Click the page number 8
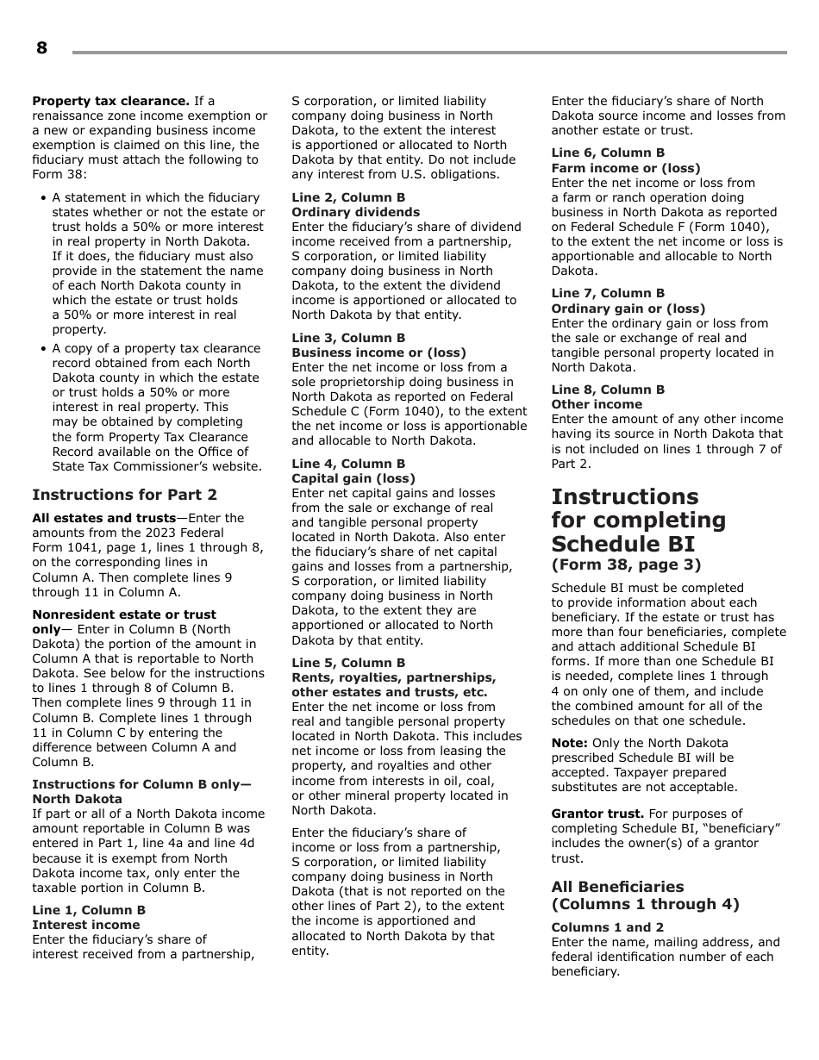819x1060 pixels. pyautogui.click(x=41, y=48)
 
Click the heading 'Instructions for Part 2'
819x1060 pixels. pyautogui.click(x=124, y=495)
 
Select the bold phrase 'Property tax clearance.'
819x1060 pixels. pyautogui.click(x=110, y=101)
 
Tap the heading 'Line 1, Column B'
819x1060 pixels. pyautogui.click(x=89, y=910)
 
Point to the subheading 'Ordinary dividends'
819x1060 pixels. pyautogui.click(x=355, y=212)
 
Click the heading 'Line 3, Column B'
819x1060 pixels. pyautogui.click(x=347, y=338)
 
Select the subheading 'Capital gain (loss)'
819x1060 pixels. pyautogui.click(x=353, y=478)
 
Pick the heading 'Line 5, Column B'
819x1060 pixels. pyautogui.click(x=347, y=663)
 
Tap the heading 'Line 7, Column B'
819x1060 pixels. pyautogui.click(x=608, y=293)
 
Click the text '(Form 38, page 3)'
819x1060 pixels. pyautogui.click(x=626, y=565)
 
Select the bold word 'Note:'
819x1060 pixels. pyautogui.click(x=569, y=743)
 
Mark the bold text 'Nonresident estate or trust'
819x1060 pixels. pyautogui.click(x=123, y=614)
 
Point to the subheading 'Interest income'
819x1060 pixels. pyautogui.click(x=85, y=925)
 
